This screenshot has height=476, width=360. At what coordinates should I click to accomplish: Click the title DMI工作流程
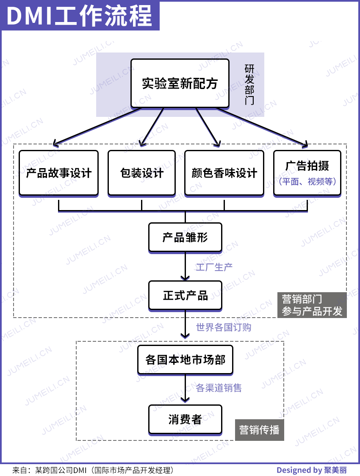click(80, 16)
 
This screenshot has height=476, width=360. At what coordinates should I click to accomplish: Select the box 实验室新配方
click(180, 83)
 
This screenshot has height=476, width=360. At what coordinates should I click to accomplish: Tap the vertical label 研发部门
click(249, 85)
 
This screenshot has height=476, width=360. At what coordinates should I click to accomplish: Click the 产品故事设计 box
click(58, 173)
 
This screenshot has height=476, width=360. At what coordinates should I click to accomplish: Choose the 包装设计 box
click(141, 173)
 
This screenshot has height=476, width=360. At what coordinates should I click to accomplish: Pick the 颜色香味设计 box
click(224, 173)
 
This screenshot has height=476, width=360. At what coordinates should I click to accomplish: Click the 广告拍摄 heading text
click(307, 166)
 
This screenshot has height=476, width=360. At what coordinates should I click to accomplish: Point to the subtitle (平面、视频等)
click(307, 182)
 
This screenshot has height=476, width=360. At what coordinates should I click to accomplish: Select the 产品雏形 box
click(185, 237)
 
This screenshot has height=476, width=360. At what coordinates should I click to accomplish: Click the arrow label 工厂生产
click(214, 267)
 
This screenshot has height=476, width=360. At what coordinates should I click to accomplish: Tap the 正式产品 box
click(185, 295)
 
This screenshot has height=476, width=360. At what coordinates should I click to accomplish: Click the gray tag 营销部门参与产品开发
click(312, 305)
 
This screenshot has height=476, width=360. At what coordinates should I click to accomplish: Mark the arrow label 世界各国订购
click(223, 327)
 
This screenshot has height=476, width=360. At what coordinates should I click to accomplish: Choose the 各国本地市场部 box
click(185, 360)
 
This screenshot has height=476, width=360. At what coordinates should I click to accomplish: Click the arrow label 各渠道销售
click(219, 387)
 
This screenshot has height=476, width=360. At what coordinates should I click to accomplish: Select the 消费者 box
click(185, 419)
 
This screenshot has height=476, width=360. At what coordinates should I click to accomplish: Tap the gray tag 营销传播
click(259, 430)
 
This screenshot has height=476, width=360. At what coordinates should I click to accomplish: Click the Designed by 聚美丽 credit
click(311, 470)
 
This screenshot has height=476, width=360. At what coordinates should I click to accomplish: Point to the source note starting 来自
click(93, 470)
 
